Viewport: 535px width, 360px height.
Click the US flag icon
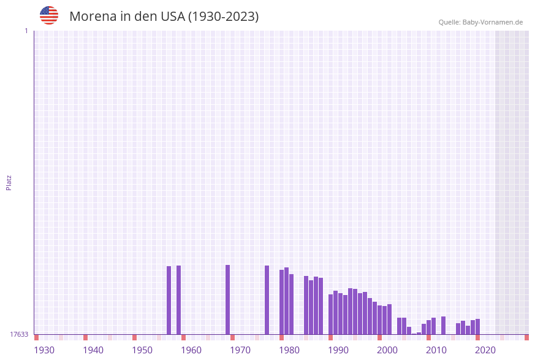click(49, 15)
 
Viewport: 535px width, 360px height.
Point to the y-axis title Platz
click(9, 182)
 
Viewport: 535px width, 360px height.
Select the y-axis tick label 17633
click(19, 334)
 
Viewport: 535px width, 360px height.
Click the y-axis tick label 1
click(26, 31)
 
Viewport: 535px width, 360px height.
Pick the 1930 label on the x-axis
click(44, 350)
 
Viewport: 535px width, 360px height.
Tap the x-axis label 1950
click(142, 350)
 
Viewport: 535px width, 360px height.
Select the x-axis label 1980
click(289, 350)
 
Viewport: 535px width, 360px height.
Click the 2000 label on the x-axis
click(387, 350)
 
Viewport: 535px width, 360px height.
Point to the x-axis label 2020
click(485, 350)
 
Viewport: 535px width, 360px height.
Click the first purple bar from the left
click(169, 300)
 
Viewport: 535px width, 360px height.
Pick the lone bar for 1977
click(267, 300)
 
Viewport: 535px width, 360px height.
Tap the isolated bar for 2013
click(444, 325)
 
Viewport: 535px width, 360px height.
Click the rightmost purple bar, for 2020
click(478, 327)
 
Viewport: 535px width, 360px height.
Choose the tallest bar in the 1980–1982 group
click(287, 301)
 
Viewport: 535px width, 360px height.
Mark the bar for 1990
click(331, 314)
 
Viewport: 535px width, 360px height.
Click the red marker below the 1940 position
click(86, 337)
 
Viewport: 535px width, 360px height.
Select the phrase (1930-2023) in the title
click(224, 17)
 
